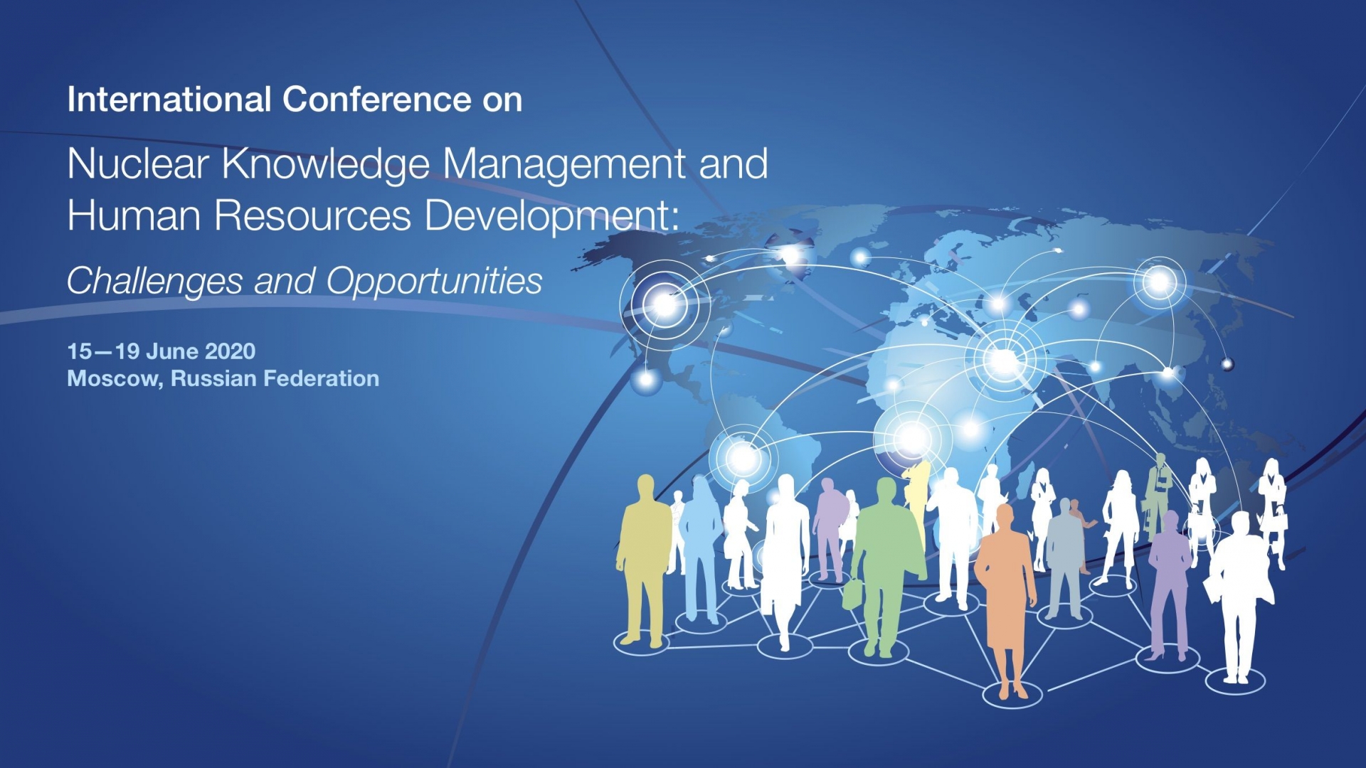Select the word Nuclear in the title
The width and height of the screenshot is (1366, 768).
[138, 164]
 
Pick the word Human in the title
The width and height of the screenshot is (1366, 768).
[134, 215]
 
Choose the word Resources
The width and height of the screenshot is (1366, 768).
[313, 215]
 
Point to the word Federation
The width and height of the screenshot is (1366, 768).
[321, 378]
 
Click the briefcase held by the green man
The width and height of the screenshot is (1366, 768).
[852, 593]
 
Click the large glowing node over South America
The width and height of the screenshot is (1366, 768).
[743, 457]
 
